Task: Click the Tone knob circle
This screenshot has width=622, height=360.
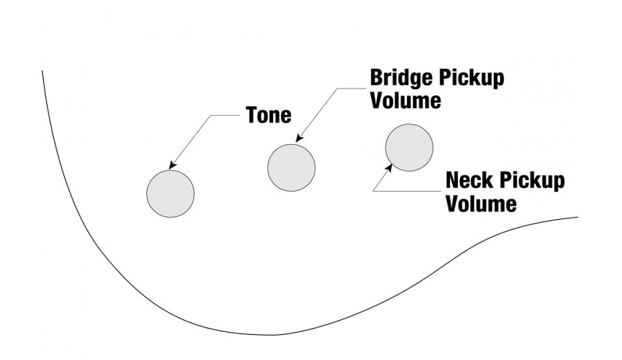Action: [171, 193]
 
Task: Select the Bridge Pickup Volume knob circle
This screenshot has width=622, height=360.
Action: [291, 166]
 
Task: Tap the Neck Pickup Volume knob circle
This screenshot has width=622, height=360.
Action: [409, 147]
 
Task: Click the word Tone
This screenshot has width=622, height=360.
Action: [268, 116]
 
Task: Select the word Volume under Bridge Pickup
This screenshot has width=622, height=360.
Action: [405, 101]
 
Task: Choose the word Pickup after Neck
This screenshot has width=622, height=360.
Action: [533, 181]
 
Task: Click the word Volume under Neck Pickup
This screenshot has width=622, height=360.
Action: [481, 203]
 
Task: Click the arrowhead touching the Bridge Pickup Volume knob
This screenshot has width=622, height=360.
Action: [298, 140]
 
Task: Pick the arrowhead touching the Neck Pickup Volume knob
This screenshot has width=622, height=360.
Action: [389, 167]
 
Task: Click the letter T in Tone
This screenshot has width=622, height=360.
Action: [252, 116]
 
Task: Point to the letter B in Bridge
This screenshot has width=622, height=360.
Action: [376, 79]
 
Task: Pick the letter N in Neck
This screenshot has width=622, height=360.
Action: [452, 181]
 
